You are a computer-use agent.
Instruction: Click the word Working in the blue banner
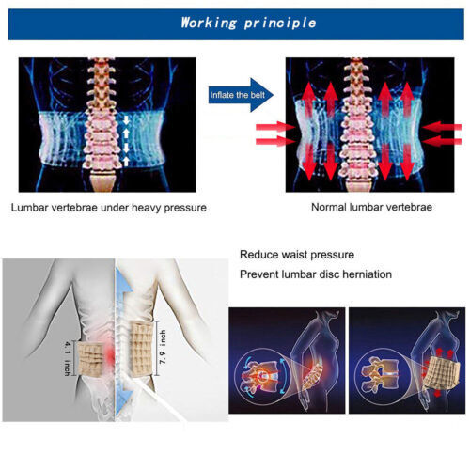point(209,23)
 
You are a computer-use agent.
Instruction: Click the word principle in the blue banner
point(280,23)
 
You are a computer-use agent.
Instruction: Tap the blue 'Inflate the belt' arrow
point(241,95)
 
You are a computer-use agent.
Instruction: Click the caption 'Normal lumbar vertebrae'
point(371,207)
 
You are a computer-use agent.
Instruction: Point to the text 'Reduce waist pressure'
point(297,255)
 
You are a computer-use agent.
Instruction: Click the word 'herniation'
point(367,274)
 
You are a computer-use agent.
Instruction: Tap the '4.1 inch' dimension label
point(67,358)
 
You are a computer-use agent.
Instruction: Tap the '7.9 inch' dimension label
point(163,348)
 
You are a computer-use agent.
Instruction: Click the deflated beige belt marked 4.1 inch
point(90,358)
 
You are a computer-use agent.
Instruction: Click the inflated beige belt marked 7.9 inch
point(142,350)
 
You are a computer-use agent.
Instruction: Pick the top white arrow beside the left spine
point(126,119)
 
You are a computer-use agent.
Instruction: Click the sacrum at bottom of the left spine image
point(102,181)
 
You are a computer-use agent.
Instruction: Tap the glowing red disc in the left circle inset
point(262,376)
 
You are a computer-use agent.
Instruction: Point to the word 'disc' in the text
point(329,274)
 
